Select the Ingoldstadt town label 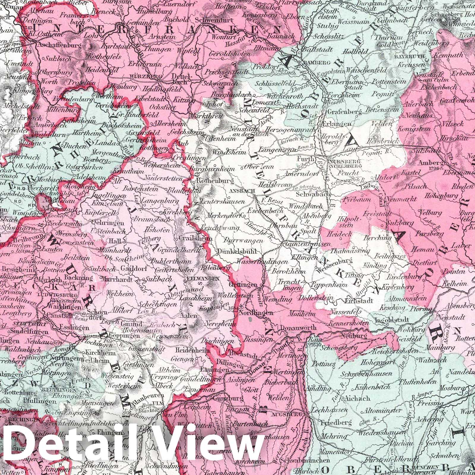pos(392,320)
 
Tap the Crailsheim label pos(196,238)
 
